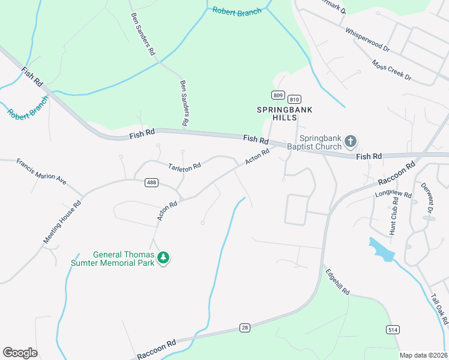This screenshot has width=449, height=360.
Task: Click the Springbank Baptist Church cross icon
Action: pos(351,142)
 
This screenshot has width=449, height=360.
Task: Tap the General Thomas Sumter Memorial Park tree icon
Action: pos(163,258)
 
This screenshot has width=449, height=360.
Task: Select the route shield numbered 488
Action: pos(151,182)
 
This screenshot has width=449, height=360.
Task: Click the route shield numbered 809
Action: pos(277,95)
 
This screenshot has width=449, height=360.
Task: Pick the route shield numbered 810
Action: pos(294,100)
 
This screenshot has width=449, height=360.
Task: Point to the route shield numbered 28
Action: pos(245,327)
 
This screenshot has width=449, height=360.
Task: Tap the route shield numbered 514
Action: pos(393,330)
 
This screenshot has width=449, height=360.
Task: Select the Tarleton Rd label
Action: pos(184,168)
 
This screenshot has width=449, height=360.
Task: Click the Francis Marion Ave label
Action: pos(41,170)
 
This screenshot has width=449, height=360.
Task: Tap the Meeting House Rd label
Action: pos(62,222)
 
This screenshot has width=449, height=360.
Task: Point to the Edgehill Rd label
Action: pos(337,281)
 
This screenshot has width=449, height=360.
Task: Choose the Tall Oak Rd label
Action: pos(439,308)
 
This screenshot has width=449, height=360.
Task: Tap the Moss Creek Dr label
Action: pos(391,70)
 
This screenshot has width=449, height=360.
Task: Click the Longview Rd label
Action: pos(393,195)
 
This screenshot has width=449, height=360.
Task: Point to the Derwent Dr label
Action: pos(427,198)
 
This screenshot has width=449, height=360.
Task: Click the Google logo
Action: pos(20,352)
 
